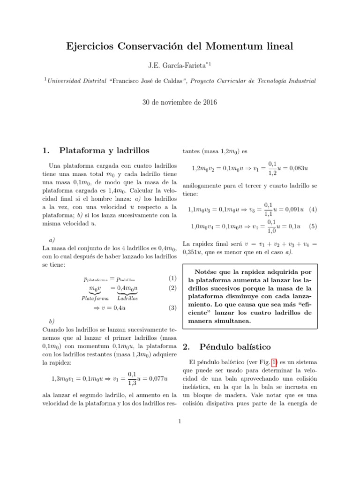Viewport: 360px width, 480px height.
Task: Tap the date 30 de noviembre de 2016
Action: (x=180, y=102)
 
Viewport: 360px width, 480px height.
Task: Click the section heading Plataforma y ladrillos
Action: (x=104, y=150)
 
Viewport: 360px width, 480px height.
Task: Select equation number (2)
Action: (x=172, y=287)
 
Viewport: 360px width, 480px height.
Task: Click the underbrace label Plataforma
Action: (x=95, y=298)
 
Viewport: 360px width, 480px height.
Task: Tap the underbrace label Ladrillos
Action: (x=127, y=298)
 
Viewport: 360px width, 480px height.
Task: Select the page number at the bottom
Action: (x=180, y=421)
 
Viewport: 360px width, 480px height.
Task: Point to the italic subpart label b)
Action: (x=52, y=321)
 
